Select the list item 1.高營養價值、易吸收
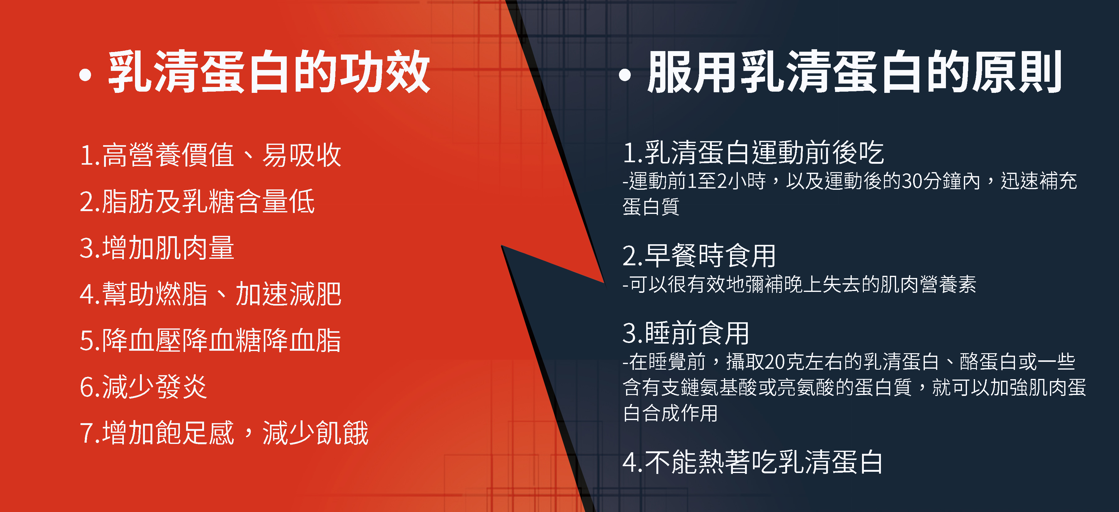click(x=211, y=155)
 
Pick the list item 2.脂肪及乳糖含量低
click(x=197, y=202)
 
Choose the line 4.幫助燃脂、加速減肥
click(x=211, y=294)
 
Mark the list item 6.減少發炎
click(x=143, y=387)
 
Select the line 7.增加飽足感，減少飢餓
click(x=224, y=433)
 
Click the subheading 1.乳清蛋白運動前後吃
click(x=753, y=153)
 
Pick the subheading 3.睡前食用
click(x=686, y=333)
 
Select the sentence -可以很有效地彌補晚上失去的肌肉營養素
click(x=799, y=284)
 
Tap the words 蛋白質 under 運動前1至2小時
click(x=651, y=206)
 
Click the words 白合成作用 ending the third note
click(x=670, y=413)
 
